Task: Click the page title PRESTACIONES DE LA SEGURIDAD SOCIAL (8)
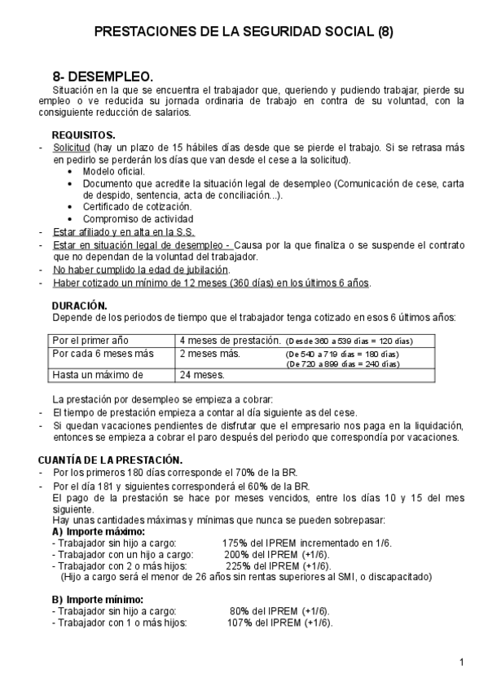(x=244, y=33)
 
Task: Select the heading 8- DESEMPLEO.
(x=103, y=76)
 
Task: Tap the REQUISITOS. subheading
(x=83, y=134)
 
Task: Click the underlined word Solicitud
(x=72, y=147)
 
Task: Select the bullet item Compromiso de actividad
(x=138, y=219)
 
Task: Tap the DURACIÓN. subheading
(x=79, y=306)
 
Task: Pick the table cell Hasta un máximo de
(x=97, y=375)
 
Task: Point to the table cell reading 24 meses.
(x=202, y=375)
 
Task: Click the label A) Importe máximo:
(x=98, y=530)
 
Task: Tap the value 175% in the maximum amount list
(x=235, y=542)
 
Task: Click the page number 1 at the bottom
(x=461, y=661)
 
